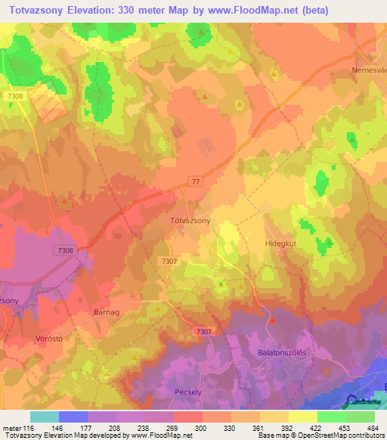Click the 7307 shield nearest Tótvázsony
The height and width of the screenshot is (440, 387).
(170, 261)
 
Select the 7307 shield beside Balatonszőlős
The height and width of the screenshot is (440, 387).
(203, 332)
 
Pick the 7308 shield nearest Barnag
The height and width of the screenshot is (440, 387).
(65, 250)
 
